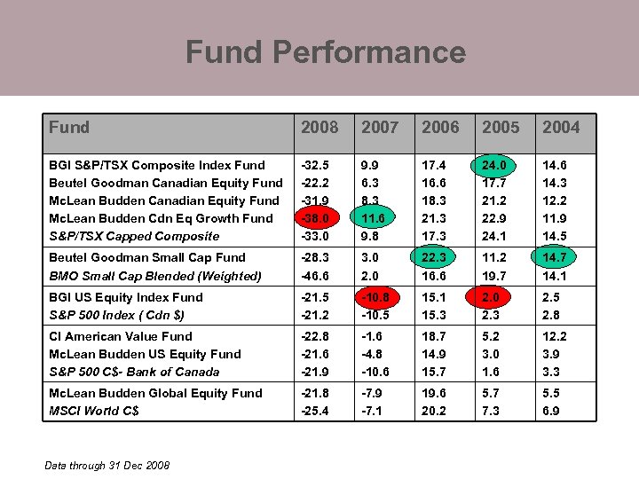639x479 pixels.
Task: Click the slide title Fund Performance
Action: tap(325, 52)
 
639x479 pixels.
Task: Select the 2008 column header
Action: tap(319, 128)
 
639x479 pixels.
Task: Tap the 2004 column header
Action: tap(561, 128)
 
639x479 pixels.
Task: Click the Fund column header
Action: tap(69, 128)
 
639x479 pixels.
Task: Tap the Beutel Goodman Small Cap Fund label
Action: tap(146, 258)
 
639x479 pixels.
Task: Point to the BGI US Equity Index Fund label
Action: tap(126, 298)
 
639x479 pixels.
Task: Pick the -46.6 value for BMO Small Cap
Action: tap(315, 276)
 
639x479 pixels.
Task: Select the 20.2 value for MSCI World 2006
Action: tap(435, 411)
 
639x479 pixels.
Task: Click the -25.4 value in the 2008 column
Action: tap(315, 411)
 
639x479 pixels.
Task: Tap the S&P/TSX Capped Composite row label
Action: tap(134, 236)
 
